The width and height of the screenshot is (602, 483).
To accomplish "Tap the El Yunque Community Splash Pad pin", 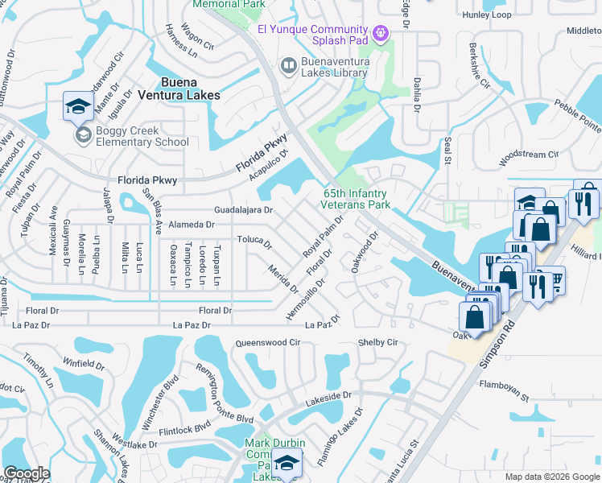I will tap(381, 32).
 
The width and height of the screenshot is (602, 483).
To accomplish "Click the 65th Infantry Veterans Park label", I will tap(357, 199).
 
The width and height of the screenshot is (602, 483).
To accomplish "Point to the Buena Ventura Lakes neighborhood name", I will tap(190, 89).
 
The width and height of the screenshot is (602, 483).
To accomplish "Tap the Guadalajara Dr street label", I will tap(244, 210).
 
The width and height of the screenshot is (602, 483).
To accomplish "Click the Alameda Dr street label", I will tap(189, 225).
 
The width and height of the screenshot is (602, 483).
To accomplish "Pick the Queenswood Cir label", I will tap(267, 343).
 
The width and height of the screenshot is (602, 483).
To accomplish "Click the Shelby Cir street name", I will tap(377, 342).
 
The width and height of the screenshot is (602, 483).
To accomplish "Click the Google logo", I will tap(27, 473).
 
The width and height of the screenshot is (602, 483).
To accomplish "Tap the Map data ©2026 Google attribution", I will tap(551, 477).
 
